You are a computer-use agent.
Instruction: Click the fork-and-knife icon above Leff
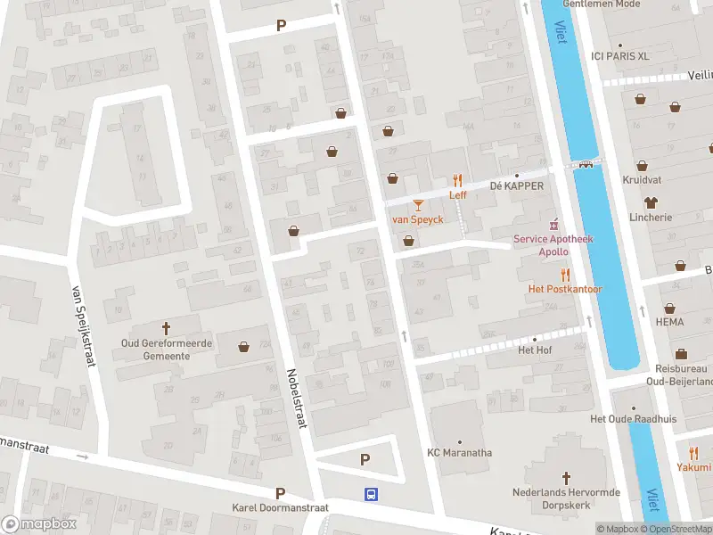coord(457,180)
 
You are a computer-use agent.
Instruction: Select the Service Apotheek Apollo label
coord(553,245)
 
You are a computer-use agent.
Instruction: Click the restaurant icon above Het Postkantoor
coord(564,275)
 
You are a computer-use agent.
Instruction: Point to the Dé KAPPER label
coord(516,185)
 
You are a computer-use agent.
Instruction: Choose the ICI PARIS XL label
coord(620,55)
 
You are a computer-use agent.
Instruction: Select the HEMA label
coord(669,322)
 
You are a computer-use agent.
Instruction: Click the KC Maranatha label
coord(459,453)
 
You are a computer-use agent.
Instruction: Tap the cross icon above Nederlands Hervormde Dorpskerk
coord(565,479)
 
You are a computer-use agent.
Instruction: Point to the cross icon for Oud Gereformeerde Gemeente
coord(167,328)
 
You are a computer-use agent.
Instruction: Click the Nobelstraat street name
coord(296,399)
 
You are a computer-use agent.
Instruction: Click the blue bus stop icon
coord(370,493)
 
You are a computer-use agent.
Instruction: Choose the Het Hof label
coord(535,350)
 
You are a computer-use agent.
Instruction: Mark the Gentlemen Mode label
coord(602,4)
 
